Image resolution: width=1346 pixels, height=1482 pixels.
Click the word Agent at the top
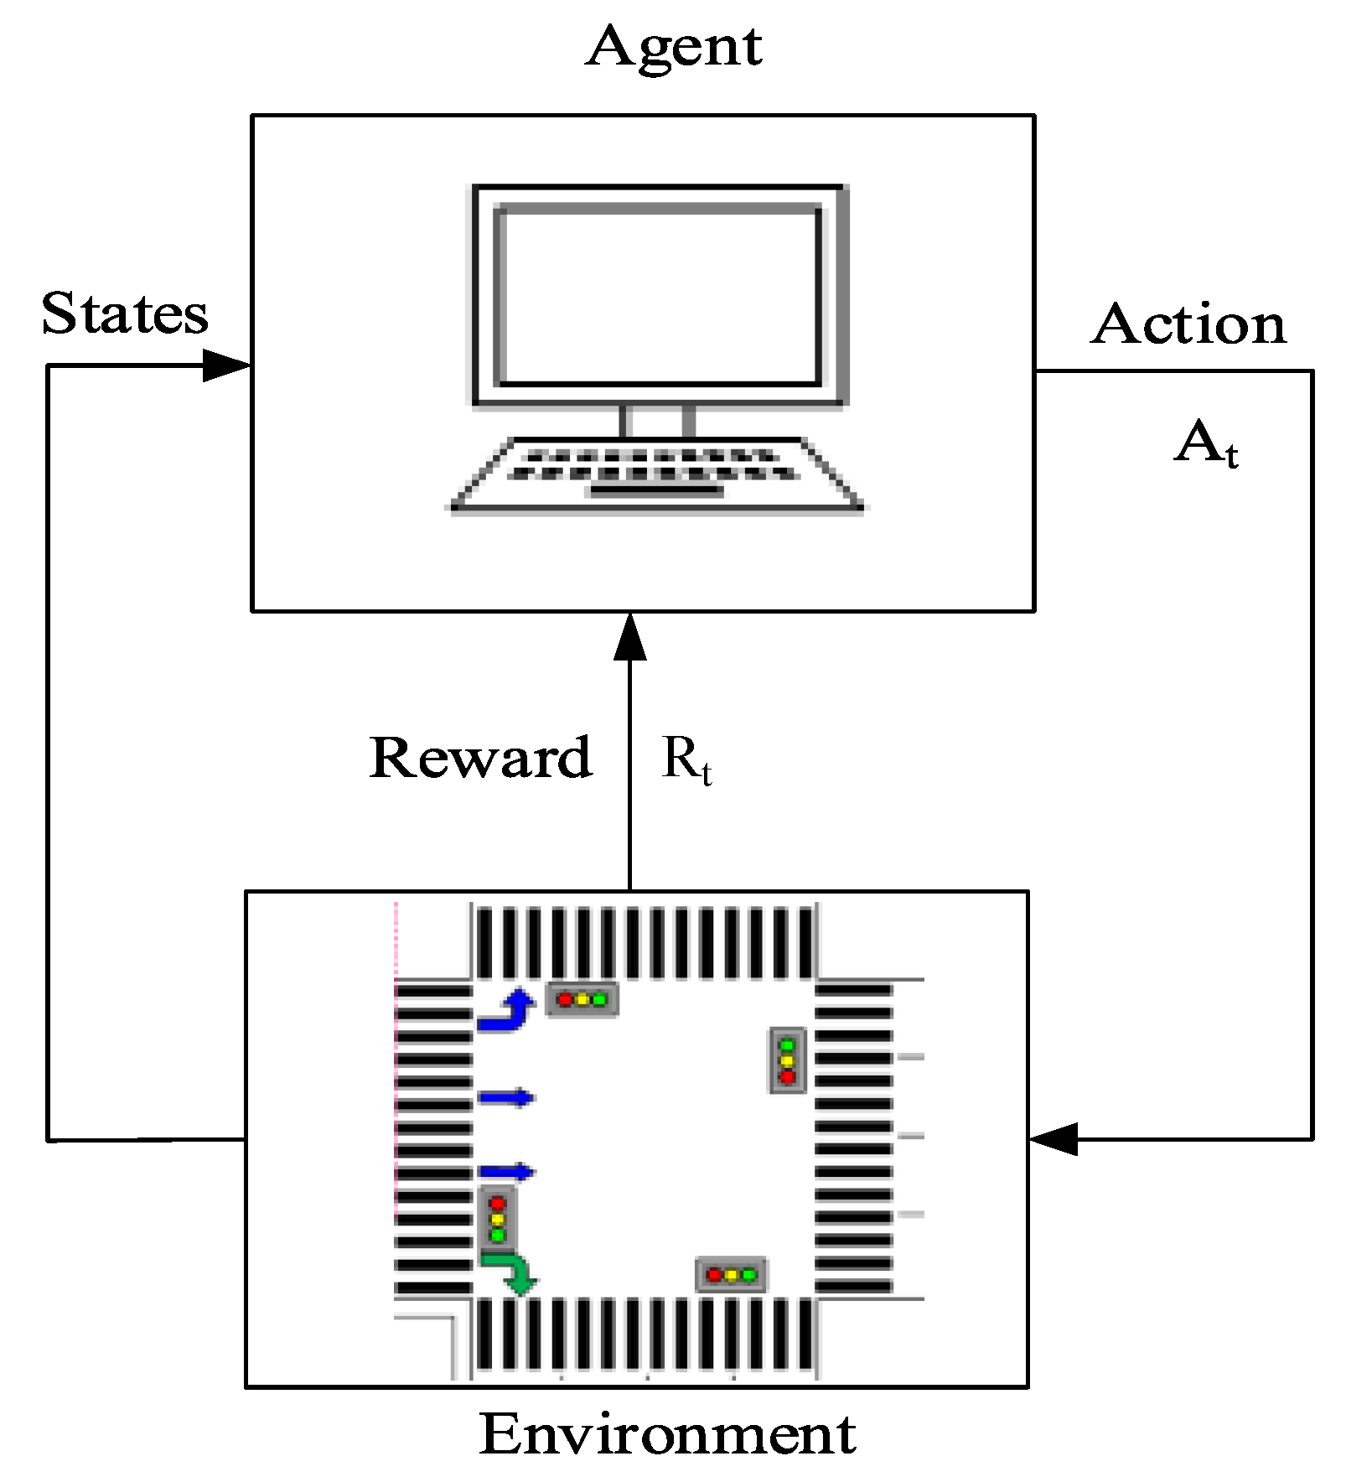coord(674,47)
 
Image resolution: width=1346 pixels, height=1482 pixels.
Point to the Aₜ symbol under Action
coord(1205,443)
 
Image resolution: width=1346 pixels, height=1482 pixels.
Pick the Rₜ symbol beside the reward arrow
coord(686,759)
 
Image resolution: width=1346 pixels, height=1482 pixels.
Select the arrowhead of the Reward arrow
coord(630,638)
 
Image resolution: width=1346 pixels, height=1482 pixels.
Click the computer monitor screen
coord(659,296)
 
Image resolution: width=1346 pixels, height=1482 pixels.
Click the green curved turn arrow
coord(511,1272)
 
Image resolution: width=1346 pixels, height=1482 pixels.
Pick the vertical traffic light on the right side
coord(787,1060)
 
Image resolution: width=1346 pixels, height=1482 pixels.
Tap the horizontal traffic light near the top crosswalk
coord(582,999)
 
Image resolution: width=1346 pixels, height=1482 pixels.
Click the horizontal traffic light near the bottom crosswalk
coord(731,1275)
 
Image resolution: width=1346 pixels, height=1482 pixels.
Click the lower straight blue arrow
coord(506,1172)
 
